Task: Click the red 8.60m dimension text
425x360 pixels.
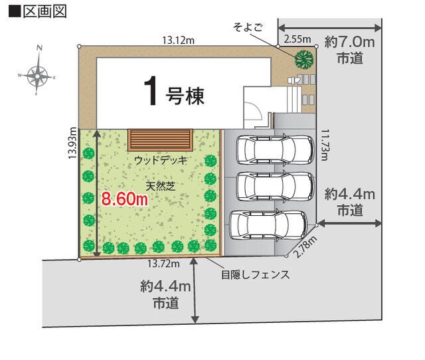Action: [x=125, y=199]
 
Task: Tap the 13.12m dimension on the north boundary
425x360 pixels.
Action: [x=179, y=41]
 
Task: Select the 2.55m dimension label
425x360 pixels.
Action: [x=297, y=39]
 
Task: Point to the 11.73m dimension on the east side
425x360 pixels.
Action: [x=325, y=145]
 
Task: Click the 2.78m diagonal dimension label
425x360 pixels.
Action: [x=305, y=246]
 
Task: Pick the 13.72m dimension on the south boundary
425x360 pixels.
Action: [x=163, y=263]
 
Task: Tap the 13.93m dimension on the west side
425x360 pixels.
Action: [x=72, y=143]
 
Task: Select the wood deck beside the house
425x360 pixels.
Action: [x=161, y=140]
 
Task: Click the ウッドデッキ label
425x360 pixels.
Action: [x=161, y=161]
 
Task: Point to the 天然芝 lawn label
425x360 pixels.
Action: [x=161, y=186]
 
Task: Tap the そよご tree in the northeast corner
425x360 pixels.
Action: [x=304, y=59]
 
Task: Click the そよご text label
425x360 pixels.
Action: [x=248, y=27]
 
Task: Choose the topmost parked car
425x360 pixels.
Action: [x=275, y=149]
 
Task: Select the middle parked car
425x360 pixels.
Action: [x=275, y=186]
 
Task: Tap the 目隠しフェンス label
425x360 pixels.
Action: [x=256, y=275]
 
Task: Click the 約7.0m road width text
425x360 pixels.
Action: [x=350, y=43]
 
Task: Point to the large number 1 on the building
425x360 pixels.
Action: [x=151, y=91]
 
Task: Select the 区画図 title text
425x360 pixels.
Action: [x=45, y=11]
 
